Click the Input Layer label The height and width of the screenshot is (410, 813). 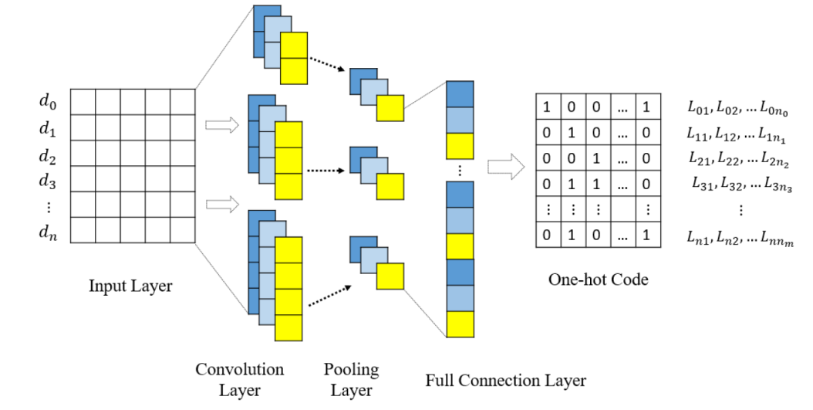(130, 286)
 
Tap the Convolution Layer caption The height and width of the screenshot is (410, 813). (239, 379)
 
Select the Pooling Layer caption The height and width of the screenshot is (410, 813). (351, 380)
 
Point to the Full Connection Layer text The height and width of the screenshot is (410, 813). (505, 381)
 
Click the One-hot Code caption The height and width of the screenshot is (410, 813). (598, 280)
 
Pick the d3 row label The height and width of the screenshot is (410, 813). (48, 181)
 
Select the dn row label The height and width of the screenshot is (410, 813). (48, 232)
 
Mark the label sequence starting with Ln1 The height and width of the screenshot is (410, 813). (740, 238)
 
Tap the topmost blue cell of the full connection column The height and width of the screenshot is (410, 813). (460, 94)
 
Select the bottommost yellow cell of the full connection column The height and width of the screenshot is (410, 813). (460, 324)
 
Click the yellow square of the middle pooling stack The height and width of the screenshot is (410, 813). (390, 187)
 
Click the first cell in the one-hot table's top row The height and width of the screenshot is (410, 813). (547, 106)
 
